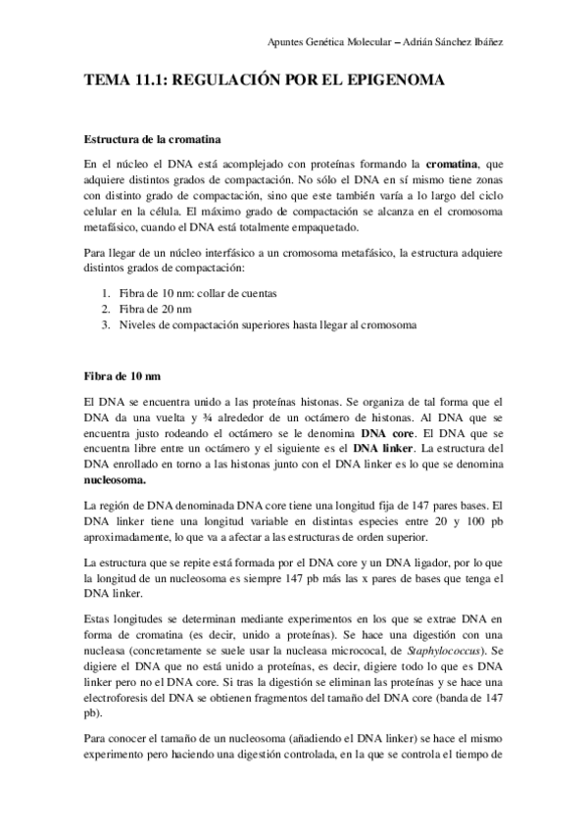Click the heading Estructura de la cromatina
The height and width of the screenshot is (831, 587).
[152, 138]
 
